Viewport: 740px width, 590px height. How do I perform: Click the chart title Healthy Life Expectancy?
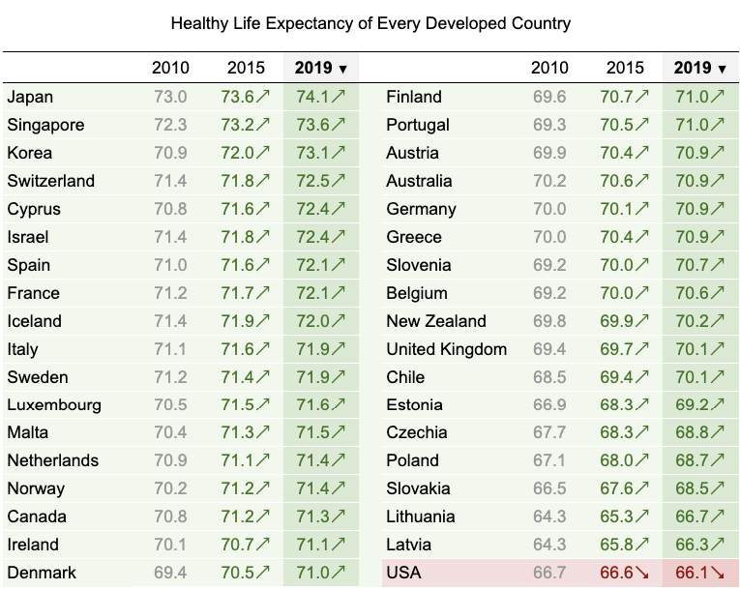[x=370, y=22]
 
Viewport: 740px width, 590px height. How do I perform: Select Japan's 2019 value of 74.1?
[x=320, y=97]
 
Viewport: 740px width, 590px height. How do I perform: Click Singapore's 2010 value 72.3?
[x=171, y=125]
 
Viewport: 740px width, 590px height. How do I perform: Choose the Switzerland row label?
[x=50, y=181]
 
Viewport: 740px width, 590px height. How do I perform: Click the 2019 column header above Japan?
[x=320, y=68]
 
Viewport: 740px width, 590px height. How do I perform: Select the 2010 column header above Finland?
[x=549, y=68]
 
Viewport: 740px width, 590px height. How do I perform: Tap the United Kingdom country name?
[x=446, y=349]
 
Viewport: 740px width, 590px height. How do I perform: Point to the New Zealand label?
[x=435, y=321]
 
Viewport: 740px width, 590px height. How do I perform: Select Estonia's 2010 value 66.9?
[x=549, y=405]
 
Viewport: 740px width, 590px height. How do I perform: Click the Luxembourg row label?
[x=53, y=405]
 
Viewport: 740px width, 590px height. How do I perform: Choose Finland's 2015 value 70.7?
[x=625, y=97]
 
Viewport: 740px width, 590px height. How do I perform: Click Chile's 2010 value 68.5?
[x=549, y=377]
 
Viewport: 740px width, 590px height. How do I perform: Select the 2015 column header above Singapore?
[x=246, y=68]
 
